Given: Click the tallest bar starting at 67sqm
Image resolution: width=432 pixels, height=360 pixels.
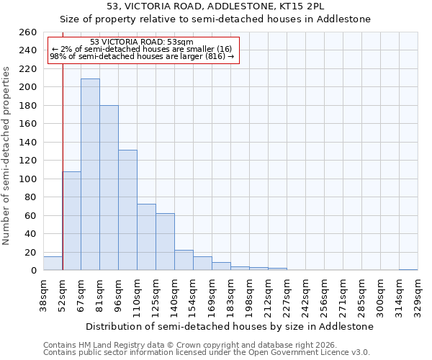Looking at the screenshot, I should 90,174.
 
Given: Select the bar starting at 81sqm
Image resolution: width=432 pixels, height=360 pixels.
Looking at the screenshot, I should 109,188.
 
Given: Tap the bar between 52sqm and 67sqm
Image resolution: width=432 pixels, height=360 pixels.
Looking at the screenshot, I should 71,220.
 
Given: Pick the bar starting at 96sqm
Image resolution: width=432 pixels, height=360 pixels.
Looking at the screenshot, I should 127,210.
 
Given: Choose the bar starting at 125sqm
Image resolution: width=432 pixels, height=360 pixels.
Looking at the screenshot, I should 165,241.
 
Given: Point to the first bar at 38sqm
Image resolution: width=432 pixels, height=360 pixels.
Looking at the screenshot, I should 53,264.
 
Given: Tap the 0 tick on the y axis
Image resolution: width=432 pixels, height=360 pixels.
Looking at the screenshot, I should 33,271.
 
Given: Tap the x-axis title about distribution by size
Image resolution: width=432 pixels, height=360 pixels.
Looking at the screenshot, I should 230,326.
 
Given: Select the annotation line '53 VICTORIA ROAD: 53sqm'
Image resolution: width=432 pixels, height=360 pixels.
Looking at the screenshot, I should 142,42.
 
